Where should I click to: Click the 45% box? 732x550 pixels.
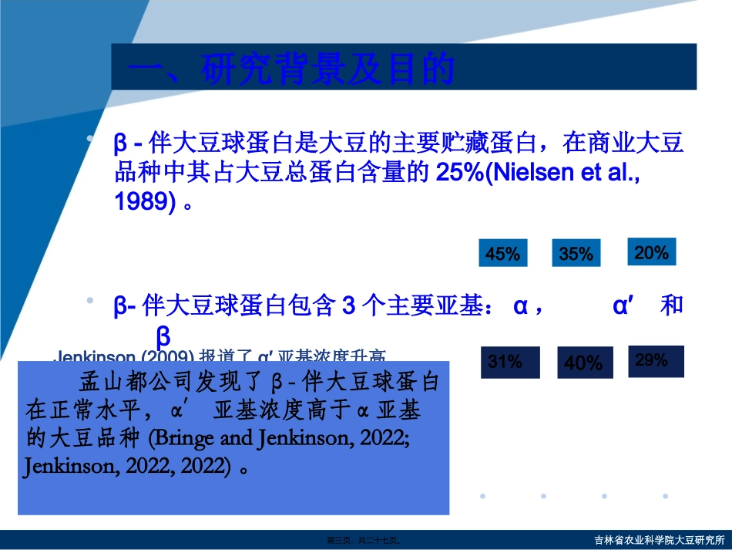click(503, 253)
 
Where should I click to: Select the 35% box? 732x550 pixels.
click(576, 253)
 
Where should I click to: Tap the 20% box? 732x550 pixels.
click(652, 251)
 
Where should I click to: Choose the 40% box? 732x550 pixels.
click(583, 362)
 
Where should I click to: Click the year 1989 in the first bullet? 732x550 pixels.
click(139, 201)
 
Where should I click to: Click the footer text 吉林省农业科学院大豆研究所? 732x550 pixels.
click(660, 540)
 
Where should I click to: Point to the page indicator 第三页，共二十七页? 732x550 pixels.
click(364, 541)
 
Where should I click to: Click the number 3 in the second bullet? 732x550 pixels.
click(348, 306)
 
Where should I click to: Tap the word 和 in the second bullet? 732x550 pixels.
click(672, 305)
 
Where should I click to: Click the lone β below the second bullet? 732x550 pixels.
click(163, 336)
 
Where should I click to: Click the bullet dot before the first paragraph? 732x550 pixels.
click(90, 139)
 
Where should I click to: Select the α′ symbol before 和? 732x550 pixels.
click(622, 306)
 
